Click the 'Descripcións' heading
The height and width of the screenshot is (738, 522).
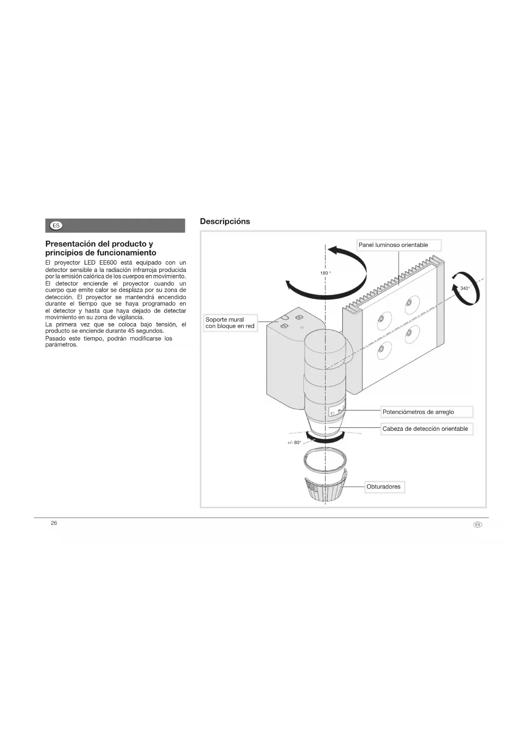(225, 221)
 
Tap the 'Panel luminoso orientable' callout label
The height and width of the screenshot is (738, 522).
(398, 245)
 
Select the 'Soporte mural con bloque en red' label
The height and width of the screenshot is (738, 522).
(230, 323)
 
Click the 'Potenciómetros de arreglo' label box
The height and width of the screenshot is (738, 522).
(427, 412)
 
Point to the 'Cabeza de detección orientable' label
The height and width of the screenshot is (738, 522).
(427, 429)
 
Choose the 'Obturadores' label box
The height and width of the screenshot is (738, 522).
(383, 487)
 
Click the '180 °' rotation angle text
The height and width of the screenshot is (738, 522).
(326, 273)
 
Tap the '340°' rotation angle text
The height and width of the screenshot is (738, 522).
(465, 288)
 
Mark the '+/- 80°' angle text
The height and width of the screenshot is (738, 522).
(294, 443)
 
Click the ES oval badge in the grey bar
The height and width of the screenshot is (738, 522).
(56, 226)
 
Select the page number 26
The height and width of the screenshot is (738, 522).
(54, 523)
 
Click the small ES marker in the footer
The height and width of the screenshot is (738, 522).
(477, 525)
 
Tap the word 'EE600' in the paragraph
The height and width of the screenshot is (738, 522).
(108, 263)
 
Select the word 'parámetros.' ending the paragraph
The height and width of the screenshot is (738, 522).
(61, 345)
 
